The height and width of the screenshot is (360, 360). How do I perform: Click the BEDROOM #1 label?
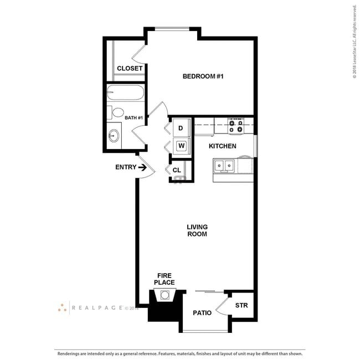(203, 76)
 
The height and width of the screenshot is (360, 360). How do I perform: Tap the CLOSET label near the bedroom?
(130, 69)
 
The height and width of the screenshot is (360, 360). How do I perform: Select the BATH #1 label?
(133, 118)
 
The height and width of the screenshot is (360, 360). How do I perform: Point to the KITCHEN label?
(222, 146)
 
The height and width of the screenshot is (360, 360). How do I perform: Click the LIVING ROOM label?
(197, 230)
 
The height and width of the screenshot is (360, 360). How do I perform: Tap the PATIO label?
(202, 313)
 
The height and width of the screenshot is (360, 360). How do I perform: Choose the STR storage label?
(241, 305)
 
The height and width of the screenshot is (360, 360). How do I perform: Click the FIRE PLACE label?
(166, 279)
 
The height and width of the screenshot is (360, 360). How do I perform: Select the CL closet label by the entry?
(177, 170)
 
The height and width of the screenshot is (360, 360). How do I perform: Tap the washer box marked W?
(181, 146)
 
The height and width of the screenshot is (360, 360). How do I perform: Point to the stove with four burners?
(236, 126)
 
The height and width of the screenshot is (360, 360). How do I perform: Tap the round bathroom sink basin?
(115, 135)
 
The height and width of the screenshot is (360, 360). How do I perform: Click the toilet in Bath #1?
(116, 113)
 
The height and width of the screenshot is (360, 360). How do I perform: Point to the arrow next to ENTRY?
(142, 167)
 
